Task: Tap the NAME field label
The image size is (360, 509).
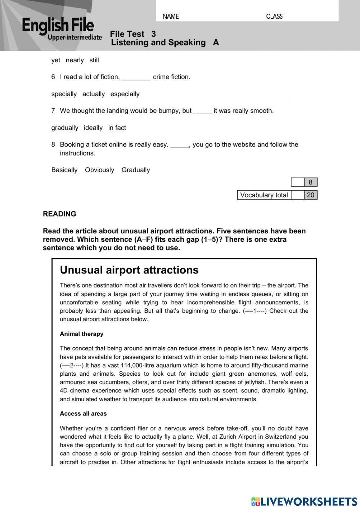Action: pyautogui.click(x=171, y=16)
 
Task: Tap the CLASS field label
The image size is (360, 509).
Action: pyautogui.click(x=274, y=16)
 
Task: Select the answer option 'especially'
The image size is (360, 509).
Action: pyautogui.click(x=125, y=94)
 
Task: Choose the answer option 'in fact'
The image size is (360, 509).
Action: pyautogui.click(x=117, y=128)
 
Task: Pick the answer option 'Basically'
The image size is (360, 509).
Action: pyautogui.click(x=64, y=170)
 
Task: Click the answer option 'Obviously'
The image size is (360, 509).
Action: pyautogui.click(x=99, y=170)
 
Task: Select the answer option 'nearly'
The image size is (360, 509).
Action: pyautogui.click(x=75, y=60)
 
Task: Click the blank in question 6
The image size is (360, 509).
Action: pyautogui.click(x=136, y=77)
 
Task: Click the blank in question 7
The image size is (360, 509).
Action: pyautogui.click(x=202, y=111)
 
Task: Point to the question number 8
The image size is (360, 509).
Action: pyautogui.click(x=53, y=144)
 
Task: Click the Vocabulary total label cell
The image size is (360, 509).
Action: pyautogui.click(x=264, y=195)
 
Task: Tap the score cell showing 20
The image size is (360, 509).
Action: pyautogui.click(x=310, y=195)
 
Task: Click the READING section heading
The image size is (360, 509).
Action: pyautogui.click(x=59, y=214)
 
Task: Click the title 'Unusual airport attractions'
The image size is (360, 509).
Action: pyautogui.click(x=129, y=270)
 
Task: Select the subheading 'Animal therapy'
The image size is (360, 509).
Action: pyautogui.click(x=82, y=334)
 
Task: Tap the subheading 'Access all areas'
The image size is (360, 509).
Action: pyautogui.click(x=83, y=414)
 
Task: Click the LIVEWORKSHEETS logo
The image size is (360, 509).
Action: pyautogui.click(x=304, y=501)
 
